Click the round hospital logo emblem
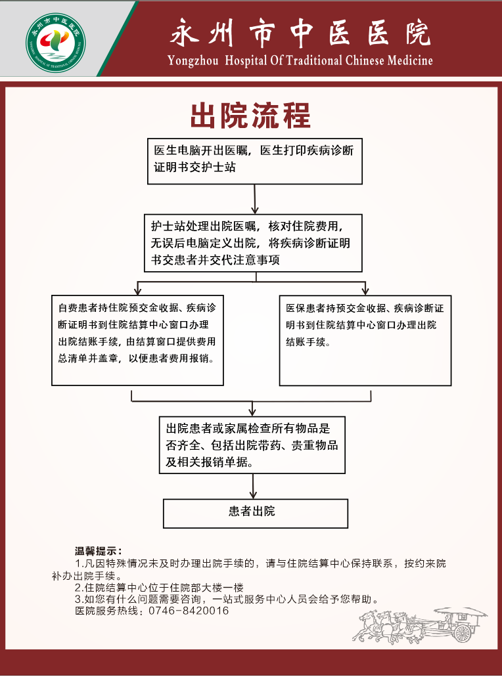[56, 42]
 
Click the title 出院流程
[250, 116]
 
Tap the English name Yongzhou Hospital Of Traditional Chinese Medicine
[300, 60]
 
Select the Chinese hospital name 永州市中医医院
[300, 33]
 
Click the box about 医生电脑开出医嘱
[255, 162]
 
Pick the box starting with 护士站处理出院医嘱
[253, 243]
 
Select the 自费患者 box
[137, 340]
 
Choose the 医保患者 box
[365, 341]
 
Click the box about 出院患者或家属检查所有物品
[252, 445]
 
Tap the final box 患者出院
[256, 513]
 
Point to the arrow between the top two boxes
[255, 200]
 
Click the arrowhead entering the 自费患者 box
[138, 291]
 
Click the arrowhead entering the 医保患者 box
[365, 291]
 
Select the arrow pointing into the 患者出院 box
[253, 487]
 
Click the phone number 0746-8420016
[189, 611]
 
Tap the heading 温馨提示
[98, 551]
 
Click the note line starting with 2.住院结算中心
[159, 588]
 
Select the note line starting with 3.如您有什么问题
[227, 600]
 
